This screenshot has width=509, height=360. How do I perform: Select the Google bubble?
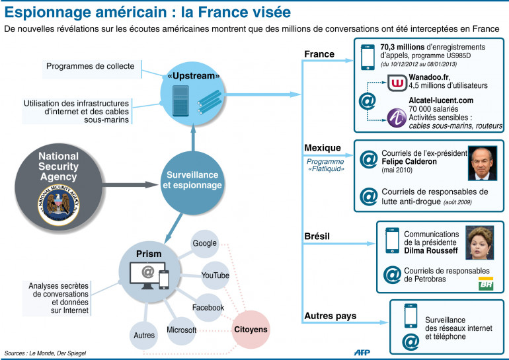pos(205,243)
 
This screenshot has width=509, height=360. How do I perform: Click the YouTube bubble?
pos(215,275)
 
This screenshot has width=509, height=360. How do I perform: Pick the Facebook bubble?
pos(208,307)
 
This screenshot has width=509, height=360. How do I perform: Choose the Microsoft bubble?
pos(181,330)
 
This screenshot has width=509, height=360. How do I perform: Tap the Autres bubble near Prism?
pos(143,335)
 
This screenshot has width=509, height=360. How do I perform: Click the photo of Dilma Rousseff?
pos(479,244)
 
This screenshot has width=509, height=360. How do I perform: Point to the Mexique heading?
pos(322,147)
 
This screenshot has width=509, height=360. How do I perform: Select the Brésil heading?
pos(318,236)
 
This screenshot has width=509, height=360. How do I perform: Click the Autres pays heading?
pos(331,316)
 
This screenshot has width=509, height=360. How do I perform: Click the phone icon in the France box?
pos(368,57)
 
